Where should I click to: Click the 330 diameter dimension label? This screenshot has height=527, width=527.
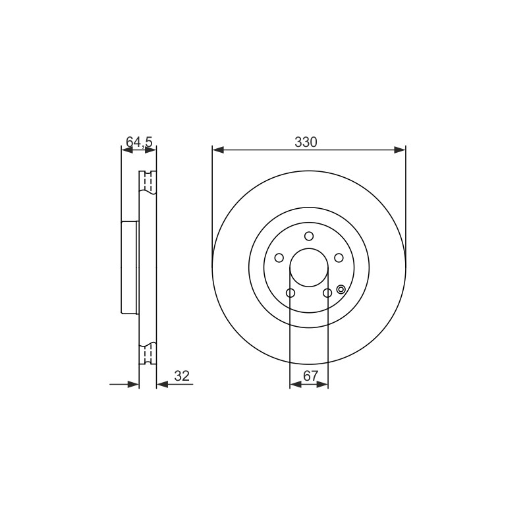click(x=306, y=142)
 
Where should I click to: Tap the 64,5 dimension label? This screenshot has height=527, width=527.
click(x=139, y=142)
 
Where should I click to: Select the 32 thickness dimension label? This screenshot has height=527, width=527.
click(x=182, y=375)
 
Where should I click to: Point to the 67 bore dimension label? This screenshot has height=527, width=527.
click(x=310, y=375)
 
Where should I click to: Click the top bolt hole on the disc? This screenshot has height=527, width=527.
click(x=309, y=236)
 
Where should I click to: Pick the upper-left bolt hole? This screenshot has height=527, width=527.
click(x=279, y=258)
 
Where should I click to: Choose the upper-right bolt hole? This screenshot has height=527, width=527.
click(x=339, y=258)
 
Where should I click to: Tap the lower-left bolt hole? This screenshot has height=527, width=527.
click(x=291, y=293)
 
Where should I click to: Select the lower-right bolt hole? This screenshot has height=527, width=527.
click(x=327, y=293)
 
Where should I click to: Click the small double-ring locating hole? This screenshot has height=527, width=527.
click(x=341, y=289)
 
